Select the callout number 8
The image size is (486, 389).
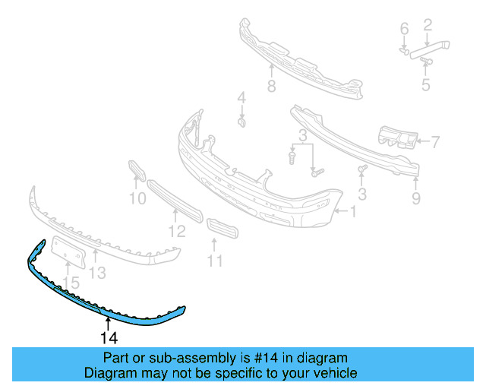(271, 87)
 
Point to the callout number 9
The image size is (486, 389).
(415, 200)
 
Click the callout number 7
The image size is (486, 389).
(435, 141)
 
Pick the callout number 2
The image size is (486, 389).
(427, 26)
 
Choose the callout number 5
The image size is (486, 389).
(425, 85)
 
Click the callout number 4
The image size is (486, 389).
(241, 97)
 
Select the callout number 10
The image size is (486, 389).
(137, 199)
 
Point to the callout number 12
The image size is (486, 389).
(177, 231)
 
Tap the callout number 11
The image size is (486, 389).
(216, 261)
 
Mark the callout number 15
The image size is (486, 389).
(70, 283)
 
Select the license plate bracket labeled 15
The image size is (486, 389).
(68, 250)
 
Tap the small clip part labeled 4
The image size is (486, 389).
(241, 122)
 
